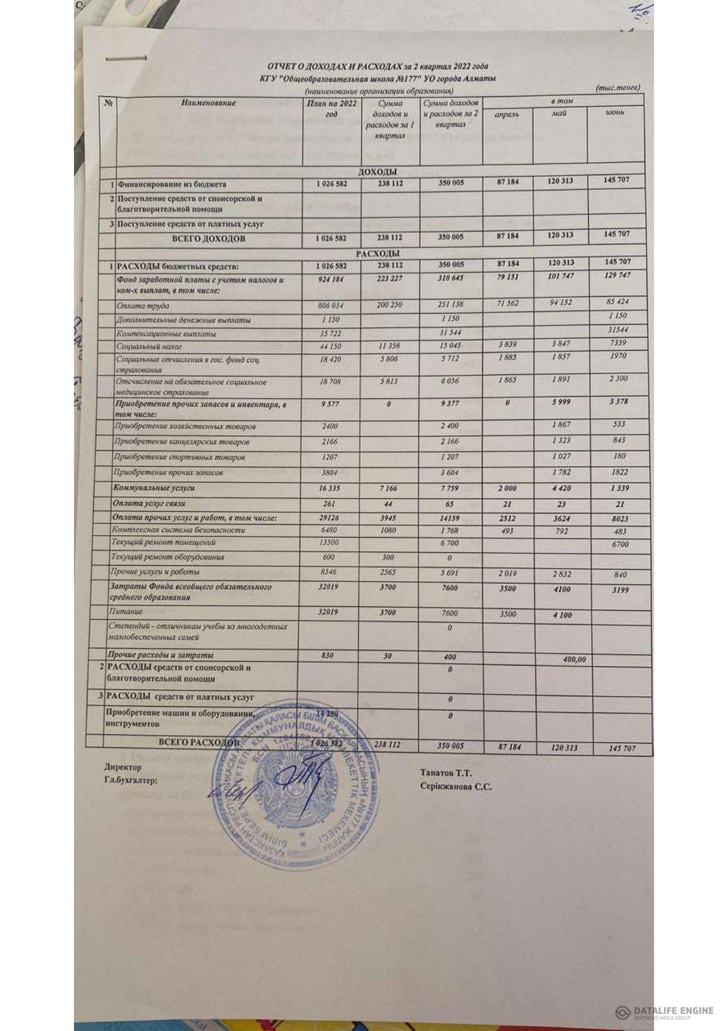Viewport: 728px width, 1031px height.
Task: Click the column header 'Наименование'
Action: [x=208, y=102]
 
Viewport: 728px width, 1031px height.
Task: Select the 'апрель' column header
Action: [x=506, y=114]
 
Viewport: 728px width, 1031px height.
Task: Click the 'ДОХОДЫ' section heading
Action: [x=378, y=172]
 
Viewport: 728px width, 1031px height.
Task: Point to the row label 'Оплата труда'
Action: [x=143, y=306]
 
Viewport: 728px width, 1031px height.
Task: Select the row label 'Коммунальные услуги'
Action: [x=155, y=488]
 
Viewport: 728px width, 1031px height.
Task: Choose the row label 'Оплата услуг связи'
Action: [x=151, y=504]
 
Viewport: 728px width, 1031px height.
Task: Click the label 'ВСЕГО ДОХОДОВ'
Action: [x=208, y=239]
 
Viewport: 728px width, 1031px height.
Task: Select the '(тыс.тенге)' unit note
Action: [x=618, y=88]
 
